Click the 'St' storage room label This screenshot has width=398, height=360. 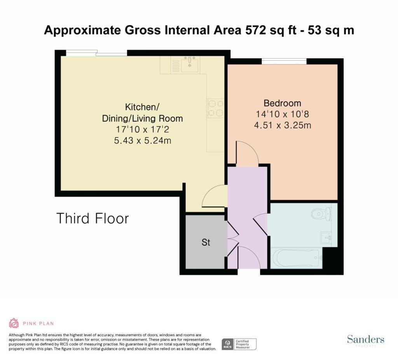click(x=206, y=243)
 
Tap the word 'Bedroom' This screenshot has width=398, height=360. click(x=282, y=103)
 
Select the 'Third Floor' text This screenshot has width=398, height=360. click(x=93, y=218)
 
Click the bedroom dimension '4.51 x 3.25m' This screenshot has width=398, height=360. click(x=282, y=125)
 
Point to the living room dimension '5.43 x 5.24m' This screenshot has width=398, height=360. click(x=142, y=141)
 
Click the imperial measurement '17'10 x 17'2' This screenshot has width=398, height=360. click(x=142, y=130)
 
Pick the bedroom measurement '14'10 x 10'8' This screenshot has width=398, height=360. click(x=282, y=114)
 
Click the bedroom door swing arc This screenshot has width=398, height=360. click(x=247, y=152)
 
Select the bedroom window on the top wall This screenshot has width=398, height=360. click(x=284, y=61)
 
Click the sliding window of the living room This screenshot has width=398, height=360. click(x=96, y=53)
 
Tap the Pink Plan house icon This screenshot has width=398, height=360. click(x=14, y=323)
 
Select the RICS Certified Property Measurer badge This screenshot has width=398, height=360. click(x=239, y=344)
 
